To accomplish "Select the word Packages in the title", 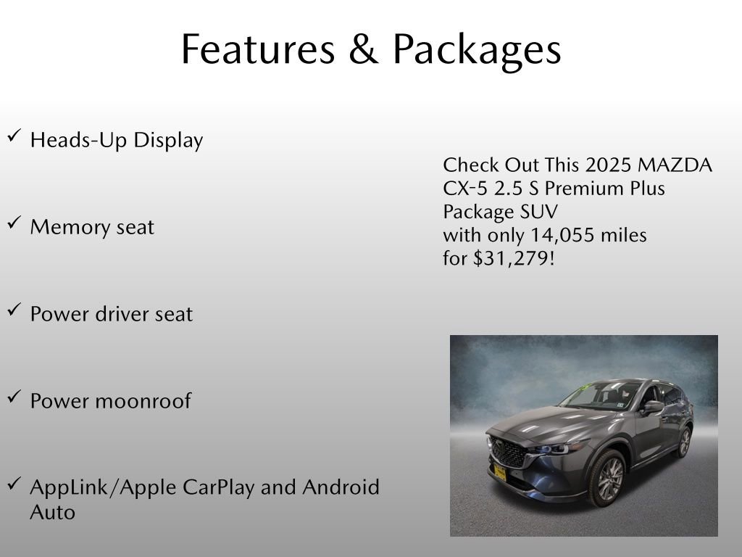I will pos(476,51).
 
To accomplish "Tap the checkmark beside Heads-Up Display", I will pos(14,136).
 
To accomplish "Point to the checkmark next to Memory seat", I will pos(14,223).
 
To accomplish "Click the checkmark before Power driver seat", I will pos(14,310).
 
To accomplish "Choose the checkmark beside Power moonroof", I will pos(14,397).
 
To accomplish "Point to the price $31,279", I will pos(514,258).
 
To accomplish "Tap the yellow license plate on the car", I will pos(499,473).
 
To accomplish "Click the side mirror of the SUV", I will pos(652,406).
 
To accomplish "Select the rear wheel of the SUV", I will pos(683,442).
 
